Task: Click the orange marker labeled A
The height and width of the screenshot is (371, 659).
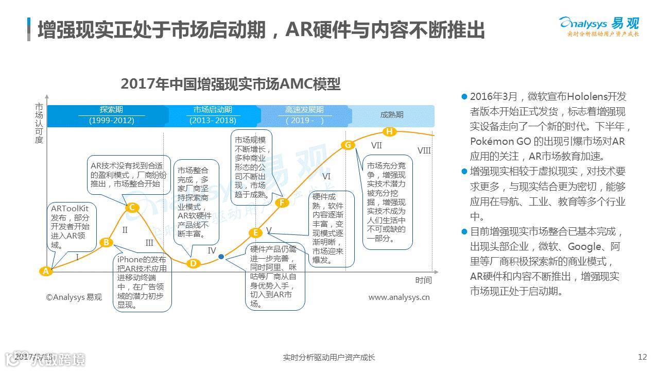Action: [46, 271]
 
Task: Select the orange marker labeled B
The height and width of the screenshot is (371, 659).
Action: [106, 243]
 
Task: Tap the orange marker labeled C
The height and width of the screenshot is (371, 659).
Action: [132, 208]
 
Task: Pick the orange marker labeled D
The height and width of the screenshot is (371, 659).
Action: [193, 263]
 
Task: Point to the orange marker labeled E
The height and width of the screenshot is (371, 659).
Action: [255, 232]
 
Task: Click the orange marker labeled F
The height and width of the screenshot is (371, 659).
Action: [281, 203]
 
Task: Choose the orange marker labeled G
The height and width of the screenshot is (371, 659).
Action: [348, 145]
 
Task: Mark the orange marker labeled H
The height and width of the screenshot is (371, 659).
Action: [390, 132]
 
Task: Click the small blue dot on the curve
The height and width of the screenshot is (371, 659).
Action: [221, 257]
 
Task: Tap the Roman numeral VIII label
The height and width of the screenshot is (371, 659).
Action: [424, 150]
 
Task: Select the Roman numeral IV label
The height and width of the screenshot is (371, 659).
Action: [212, 250]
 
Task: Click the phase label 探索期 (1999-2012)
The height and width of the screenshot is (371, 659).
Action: [111, 115]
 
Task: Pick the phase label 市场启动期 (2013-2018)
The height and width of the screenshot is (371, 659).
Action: [213, 115]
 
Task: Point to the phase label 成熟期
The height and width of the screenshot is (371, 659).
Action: [392, 115]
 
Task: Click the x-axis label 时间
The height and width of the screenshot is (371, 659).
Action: [423, 280]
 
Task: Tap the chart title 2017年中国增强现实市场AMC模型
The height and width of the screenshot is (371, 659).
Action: [230, 83]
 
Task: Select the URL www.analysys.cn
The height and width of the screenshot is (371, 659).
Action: [399, 297]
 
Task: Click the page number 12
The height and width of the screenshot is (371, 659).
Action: [641, 357]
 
